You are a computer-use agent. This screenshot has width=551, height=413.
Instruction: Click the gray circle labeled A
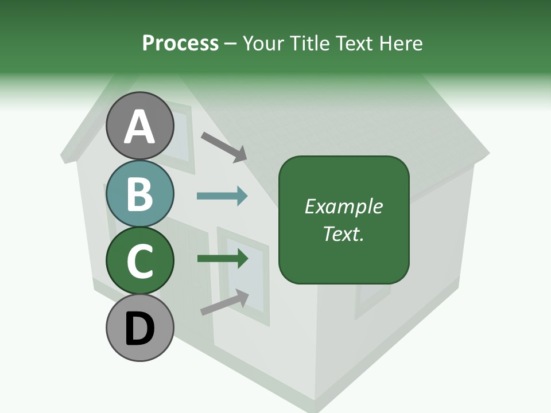139,126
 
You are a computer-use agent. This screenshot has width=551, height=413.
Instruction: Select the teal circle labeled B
139,193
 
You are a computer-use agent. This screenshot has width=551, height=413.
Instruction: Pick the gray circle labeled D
139,328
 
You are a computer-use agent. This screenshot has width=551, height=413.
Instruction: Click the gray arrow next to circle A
224,146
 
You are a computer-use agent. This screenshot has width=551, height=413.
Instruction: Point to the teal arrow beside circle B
222,196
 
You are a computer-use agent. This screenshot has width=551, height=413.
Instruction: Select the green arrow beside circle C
222,259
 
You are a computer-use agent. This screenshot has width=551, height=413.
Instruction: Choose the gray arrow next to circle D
224,302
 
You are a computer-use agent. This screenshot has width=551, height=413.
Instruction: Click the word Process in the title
180,43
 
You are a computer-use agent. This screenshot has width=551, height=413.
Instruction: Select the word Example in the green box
343,206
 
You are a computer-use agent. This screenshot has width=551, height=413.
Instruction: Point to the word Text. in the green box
343,233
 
